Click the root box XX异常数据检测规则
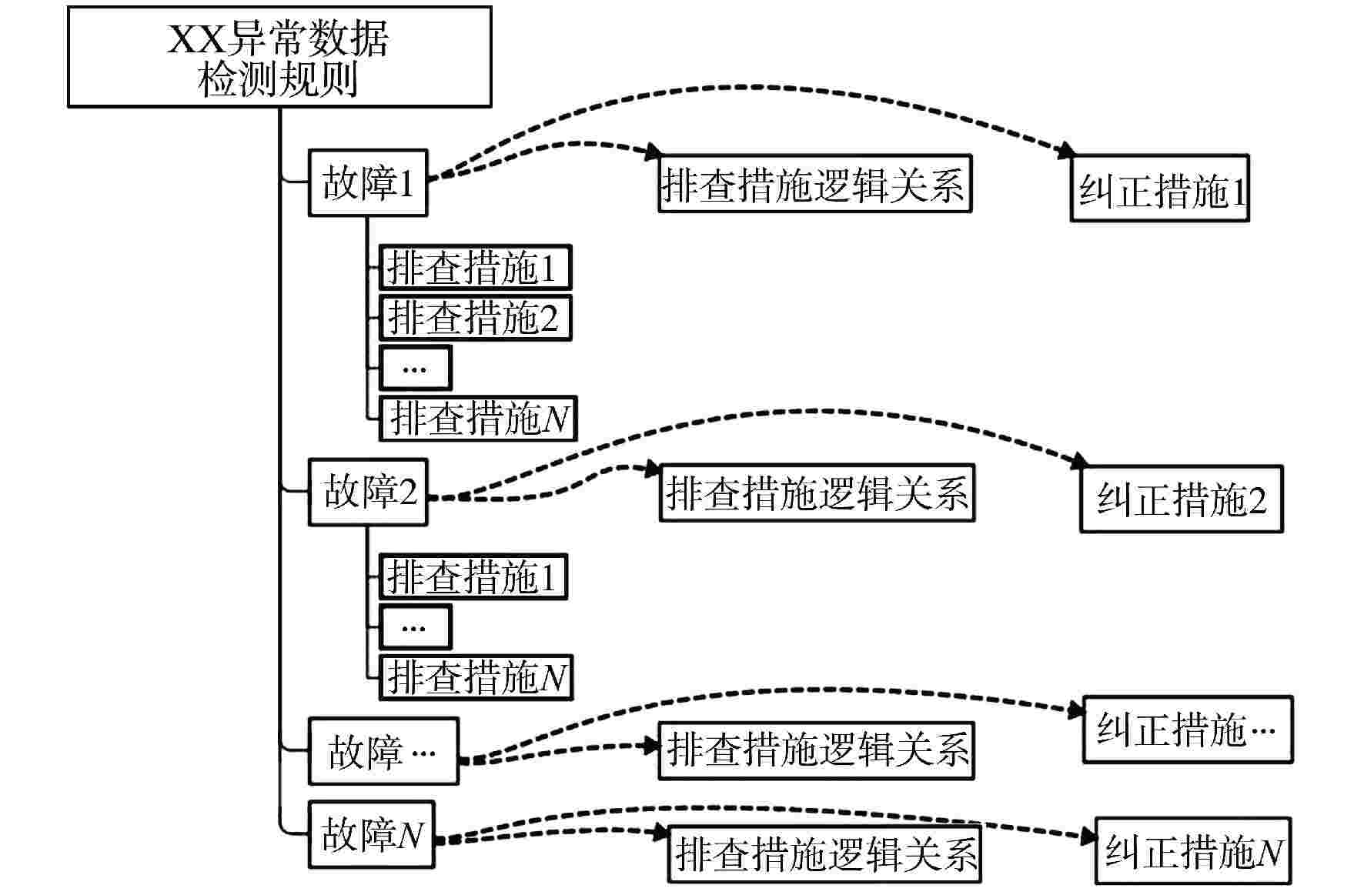point(279,57)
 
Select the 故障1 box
point(368,183)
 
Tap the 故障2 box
point(368,493)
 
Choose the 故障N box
point(371,835)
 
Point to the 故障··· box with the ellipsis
point(383,752)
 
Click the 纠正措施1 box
point(1159,189)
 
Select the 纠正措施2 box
point(1181,499)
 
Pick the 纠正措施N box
point(1193,851)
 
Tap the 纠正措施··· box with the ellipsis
point(1187,730)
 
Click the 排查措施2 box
point(475,318)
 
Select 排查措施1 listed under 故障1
point(475,268)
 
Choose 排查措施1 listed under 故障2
point(473,576)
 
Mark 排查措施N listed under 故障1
point(478,419)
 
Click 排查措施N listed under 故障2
point(476,677)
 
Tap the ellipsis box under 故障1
point(415,368)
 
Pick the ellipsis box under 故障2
point(415,627)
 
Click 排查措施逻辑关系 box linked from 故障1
point(815,184)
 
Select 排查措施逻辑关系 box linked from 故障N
point(824,853)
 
